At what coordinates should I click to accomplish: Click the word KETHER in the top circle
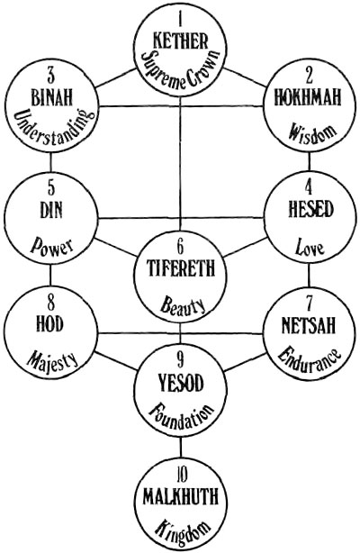tap(181, 41)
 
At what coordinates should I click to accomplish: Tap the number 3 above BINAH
tap(51, 76)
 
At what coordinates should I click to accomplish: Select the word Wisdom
tap(311, 133)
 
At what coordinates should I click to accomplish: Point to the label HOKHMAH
tap(308, 96)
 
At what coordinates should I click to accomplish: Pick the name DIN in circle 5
tap(51, 210)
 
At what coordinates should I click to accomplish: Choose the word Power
tap(51, 246)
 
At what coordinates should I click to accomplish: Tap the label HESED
tap(310, 210)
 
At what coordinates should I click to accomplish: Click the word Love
tap(310, 247)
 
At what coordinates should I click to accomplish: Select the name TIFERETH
tap(181, 267)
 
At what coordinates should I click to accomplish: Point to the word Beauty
tap(183, 306)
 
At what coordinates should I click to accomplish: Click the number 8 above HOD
tap(51, 302)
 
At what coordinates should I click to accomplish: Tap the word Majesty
tap(52, 360)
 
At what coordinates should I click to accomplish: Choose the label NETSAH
tap(308, 325)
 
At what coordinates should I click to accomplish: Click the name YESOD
tap(181, 383)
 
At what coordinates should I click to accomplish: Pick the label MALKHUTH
tap(181, 496)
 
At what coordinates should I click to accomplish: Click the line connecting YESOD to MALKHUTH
tap(181, 447)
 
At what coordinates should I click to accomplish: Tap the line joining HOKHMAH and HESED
tap(310, 162)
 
